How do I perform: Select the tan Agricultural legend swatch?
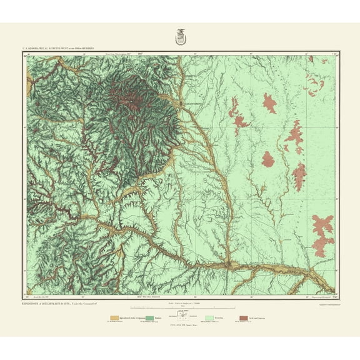114,318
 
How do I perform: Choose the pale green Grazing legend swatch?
207,318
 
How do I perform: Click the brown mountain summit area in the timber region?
133,100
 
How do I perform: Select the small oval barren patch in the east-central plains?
269,159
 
